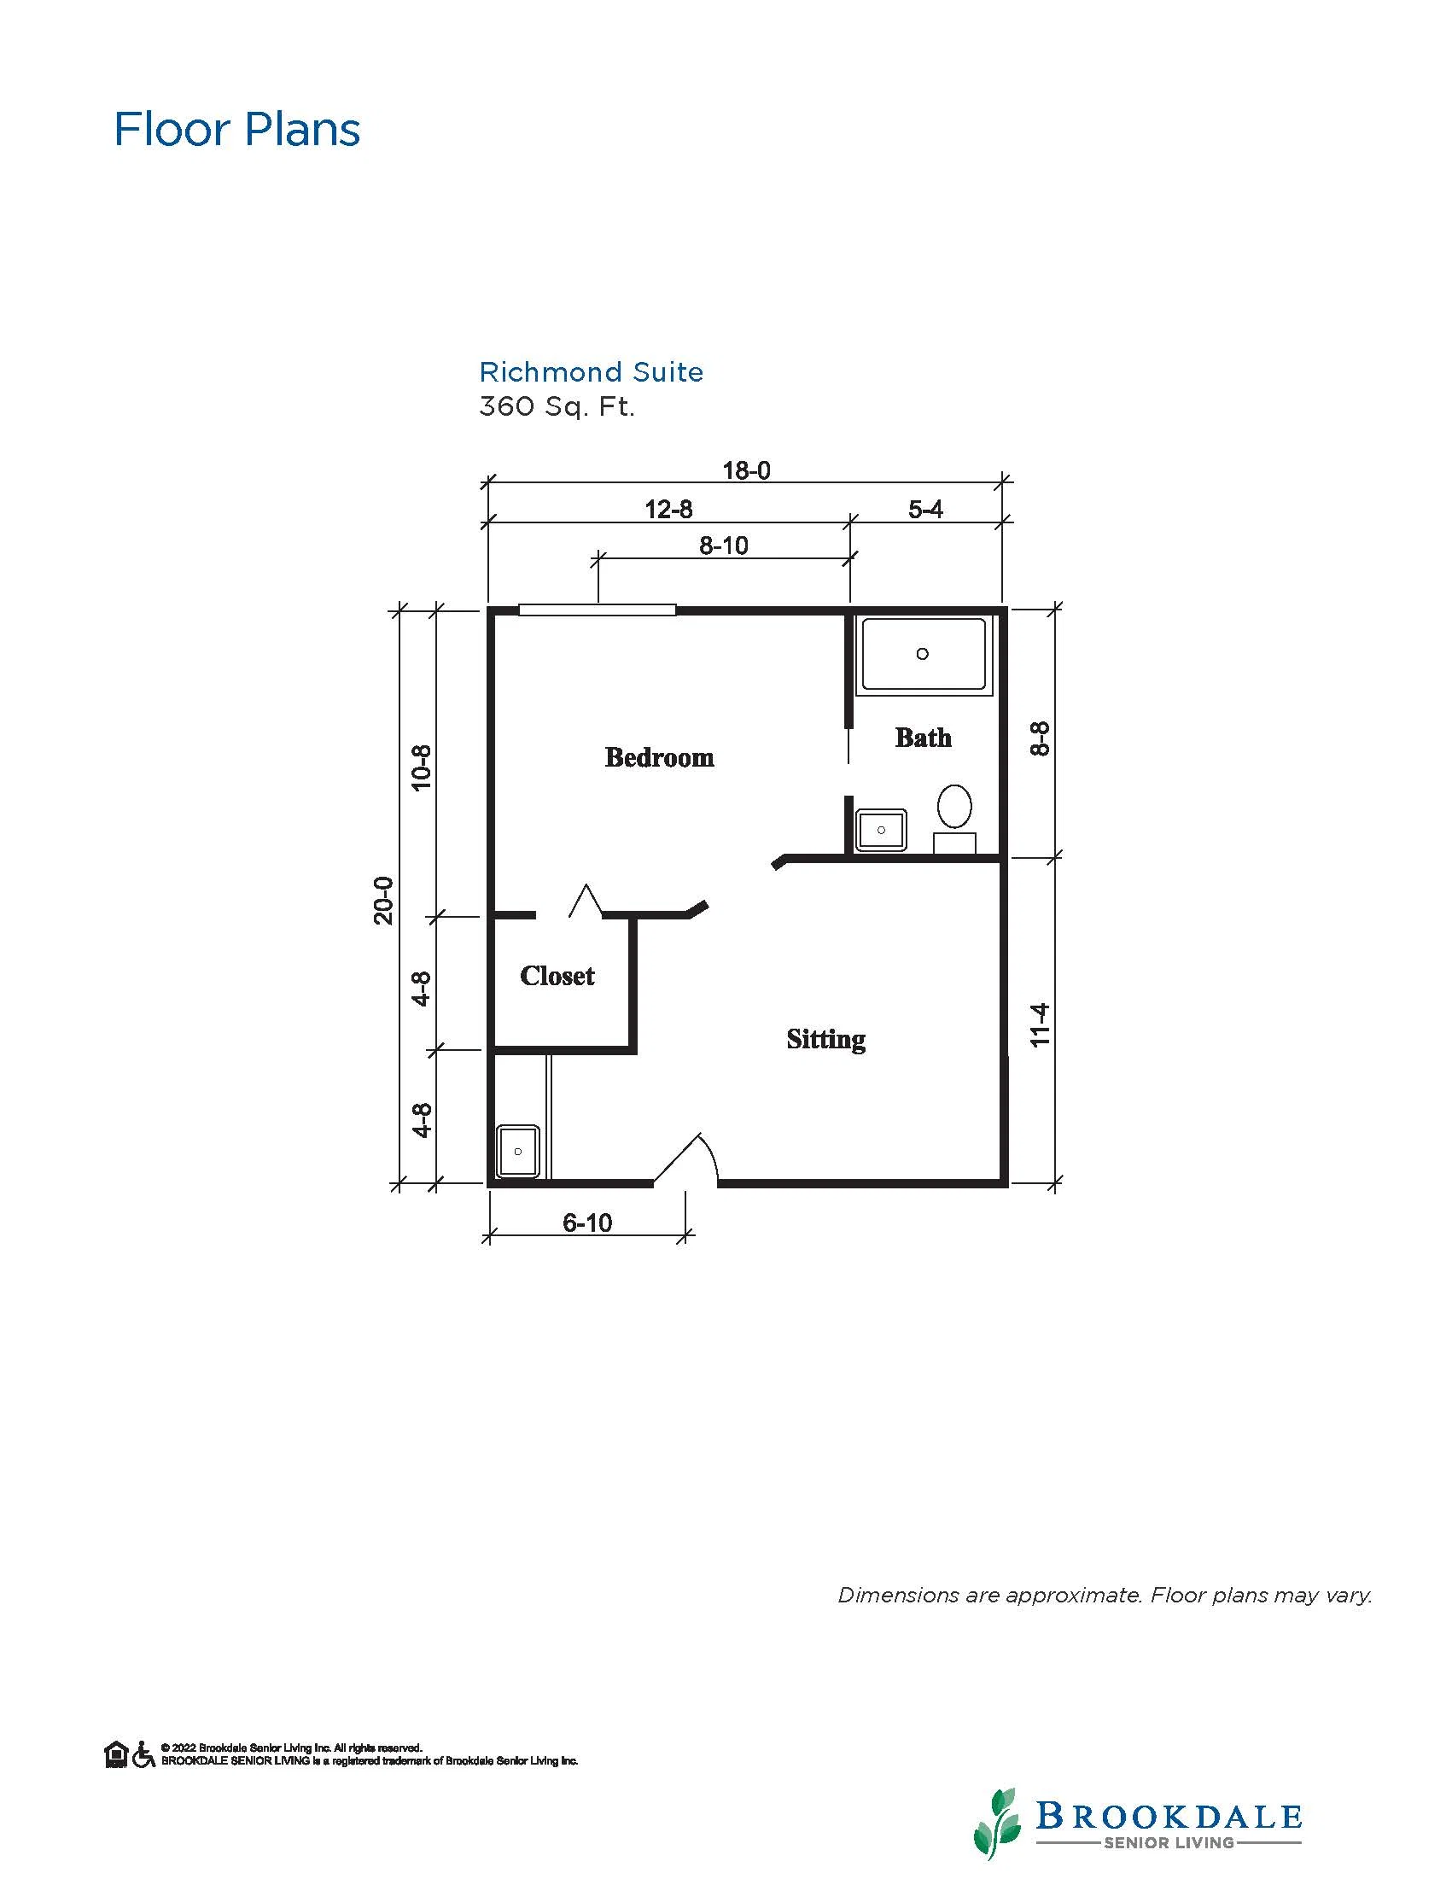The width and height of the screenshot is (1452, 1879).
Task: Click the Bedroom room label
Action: point(659,757)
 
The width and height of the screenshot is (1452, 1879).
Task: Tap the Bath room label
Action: point(923,738)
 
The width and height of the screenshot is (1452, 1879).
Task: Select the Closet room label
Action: point(557,976)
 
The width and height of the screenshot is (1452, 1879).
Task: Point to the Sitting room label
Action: point(825,1039)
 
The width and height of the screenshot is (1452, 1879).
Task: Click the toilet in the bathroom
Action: point(954,817)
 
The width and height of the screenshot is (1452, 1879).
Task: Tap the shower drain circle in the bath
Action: point(922,654)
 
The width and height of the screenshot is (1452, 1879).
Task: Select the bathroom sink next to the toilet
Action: point(881,830)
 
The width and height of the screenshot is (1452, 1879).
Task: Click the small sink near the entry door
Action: point(519,1151)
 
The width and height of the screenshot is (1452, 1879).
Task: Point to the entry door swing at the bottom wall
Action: point(688,1158)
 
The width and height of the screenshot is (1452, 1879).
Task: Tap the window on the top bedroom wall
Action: point(597,610)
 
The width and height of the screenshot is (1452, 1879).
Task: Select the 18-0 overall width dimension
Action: point(747,470)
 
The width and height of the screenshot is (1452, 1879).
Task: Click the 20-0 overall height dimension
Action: point(383,901)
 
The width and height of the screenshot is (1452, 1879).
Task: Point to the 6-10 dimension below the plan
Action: point(587,1223)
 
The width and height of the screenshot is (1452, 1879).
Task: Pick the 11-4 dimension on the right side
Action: point(1040,1024)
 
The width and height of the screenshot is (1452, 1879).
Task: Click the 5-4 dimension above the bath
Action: point(925,510)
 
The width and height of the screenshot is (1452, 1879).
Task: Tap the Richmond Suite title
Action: point(591,371)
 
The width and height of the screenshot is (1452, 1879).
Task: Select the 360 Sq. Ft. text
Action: point(557,406)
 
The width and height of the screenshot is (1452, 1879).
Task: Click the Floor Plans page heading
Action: point(237,129)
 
